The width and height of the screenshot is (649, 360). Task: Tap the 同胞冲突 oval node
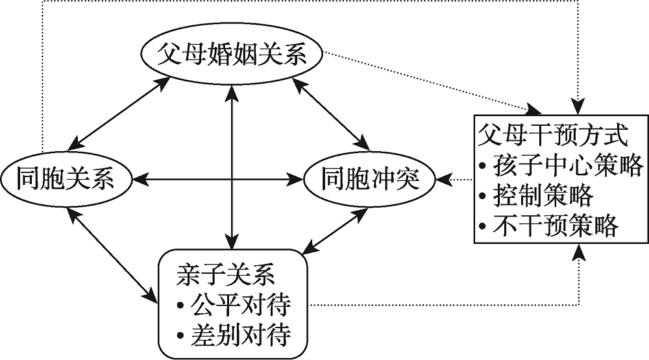[x=369, y=179]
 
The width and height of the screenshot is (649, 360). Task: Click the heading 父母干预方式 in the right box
[x=552, y=136]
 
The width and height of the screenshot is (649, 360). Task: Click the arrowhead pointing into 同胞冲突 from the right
[x=443, y=179]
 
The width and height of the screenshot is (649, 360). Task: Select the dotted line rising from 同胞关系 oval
[x=43, y=78]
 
